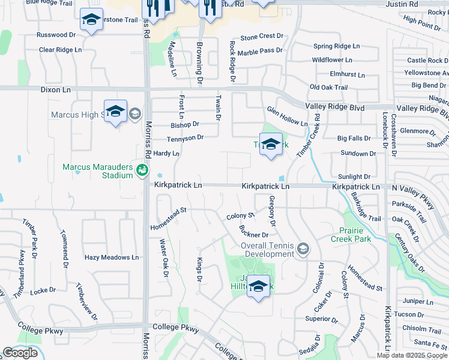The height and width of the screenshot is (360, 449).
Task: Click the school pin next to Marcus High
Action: tap(115, 112)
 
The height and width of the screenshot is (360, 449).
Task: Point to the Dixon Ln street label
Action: tap(55, 89)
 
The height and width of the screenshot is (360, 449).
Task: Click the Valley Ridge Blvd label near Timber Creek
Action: tap(335, 107)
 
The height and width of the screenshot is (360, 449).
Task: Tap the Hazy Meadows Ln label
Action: tap(112, 257)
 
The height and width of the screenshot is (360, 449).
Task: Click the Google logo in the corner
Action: tap(20, 352)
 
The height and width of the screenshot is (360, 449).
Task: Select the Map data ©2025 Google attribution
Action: tap(412, 355)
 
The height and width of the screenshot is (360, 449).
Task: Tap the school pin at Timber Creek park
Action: tap(271, 145)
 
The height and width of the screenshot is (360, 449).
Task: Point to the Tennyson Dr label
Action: tap(185, 138)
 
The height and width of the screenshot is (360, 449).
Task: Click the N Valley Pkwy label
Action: tap(420, 188)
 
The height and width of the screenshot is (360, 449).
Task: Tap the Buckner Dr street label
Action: tap(253, 232)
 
